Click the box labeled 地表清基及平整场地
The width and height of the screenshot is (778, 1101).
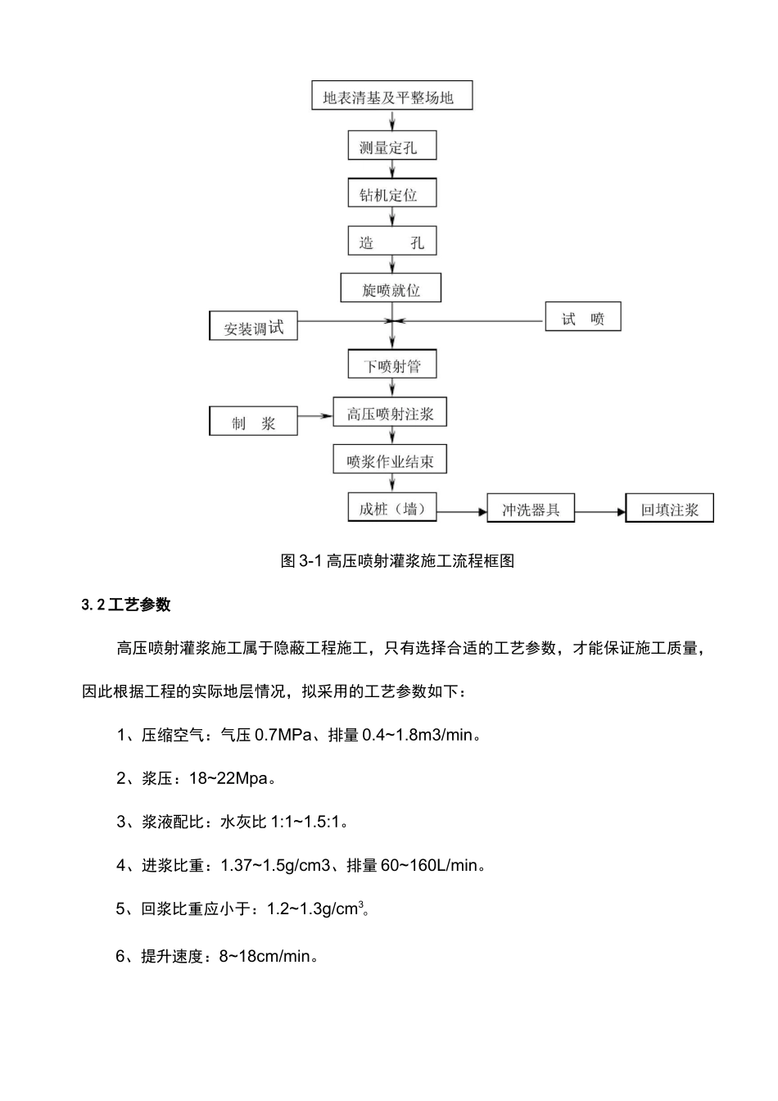click(x=392, y=97)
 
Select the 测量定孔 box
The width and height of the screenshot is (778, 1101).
click(x=391, y=147)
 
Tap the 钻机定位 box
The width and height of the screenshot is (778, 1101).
click(x=391, y=194)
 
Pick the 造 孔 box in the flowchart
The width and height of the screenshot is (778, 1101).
click(x=391, y=242)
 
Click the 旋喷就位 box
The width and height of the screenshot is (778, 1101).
click(x=391, y=289)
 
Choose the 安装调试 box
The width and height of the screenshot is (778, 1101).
click(x=253, y=327)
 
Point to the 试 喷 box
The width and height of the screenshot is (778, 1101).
click(x=583, y=318)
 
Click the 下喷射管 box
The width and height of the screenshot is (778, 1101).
click(x=391, y=365)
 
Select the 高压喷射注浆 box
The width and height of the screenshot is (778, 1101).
click(x=390, y=413)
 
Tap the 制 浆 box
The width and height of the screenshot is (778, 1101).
click(x=253, y=422)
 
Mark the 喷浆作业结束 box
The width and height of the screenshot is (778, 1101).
click(x=390, y=460)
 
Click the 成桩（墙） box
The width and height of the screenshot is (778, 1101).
click(x=391, y=509)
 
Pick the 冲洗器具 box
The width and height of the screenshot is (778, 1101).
click(x=531, y=509)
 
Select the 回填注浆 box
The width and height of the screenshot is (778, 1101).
click(x=670, y=509)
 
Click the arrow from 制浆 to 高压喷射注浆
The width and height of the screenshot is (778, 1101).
click(x=315, y=416)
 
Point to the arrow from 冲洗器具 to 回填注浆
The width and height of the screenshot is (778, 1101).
click(x=599, y=511)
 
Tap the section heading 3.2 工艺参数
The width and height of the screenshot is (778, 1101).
click(x=126, y=605)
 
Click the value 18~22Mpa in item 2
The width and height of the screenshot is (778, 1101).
click(x=229, y=778)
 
